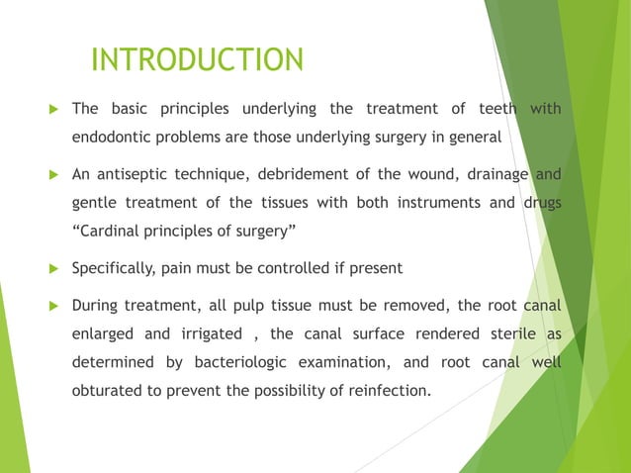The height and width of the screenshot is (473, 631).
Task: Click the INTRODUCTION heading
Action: (x=197, y=60)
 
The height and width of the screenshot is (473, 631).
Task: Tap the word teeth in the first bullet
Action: (x=495, y=109)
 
